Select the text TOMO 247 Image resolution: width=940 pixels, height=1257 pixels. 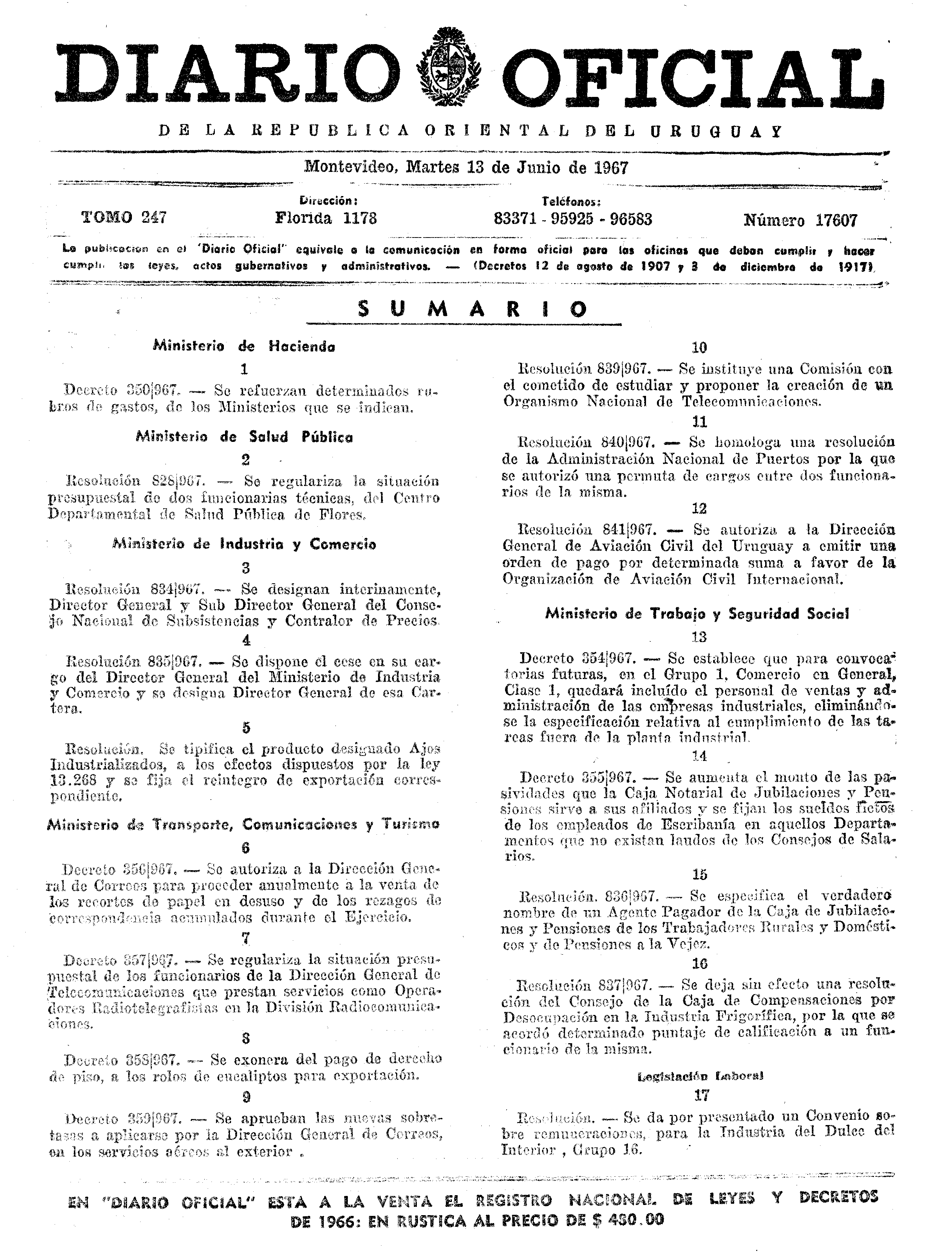pyautogui.click(x=124, y=218)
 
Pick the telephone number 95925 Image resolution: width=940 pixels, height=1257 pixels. pyautogui.click(x=573, y=219)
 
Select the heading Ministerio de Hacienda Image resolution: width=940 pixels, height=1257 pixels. pyautogui.click(x=244, y=346)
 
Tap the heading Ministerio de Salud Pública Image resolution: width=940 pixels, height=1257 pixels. pyautogui.click(x=244, y=437)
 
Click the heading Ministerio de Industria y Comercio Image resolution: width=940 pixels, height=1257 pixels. pyautogui.click(x=244, y=544)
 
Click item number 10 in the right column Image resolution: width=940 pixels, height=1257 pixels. pyautogui.click(x=699, y=348)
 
